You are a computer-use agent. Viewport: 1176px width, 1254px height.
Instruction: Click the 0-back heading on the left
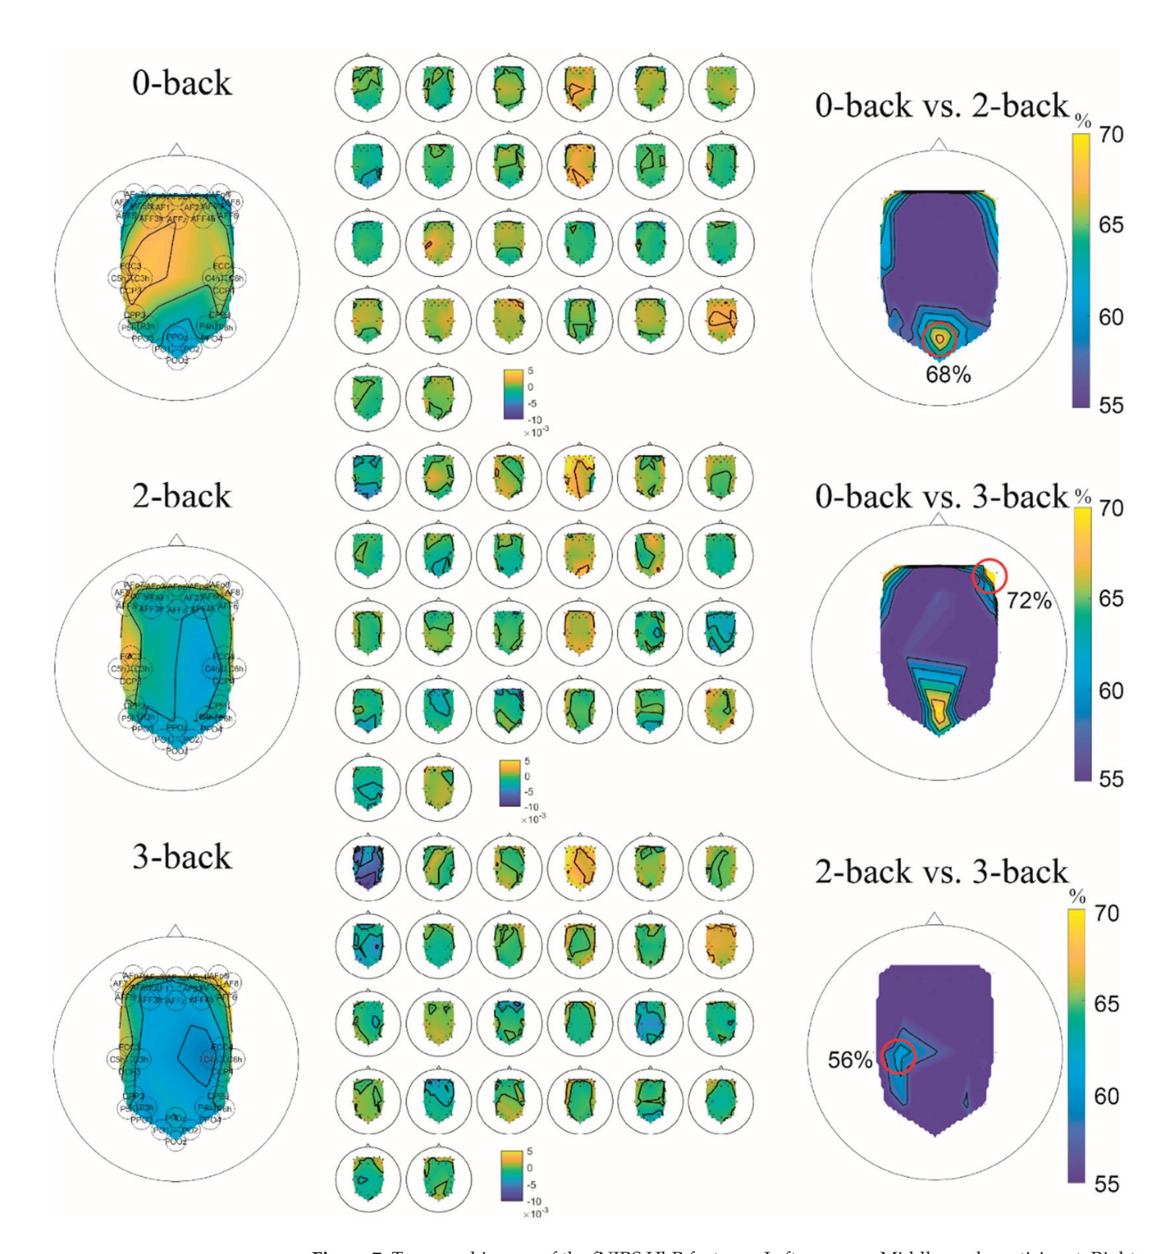(x=182, y=82)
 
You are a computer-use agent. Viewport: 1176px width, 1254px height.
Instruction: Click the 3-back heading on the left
(x=182, y=856)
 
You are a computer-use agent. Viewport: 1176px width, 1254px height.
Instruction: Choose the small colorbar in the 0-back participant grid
(x=511, y=394)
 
